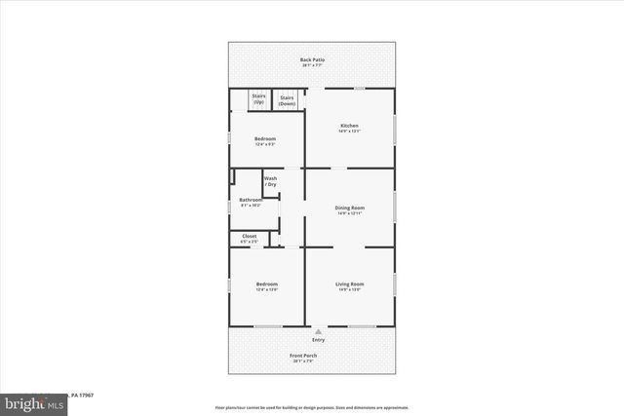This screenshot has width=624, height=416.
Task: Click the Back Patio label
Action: point(312,59)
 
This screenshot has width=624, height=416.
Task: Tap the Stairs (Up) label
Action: point(259,97)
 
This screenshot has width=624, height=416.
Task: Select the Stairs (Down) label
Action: point(288,99)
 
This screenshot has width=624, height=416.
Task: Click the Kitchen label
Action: point(349,126)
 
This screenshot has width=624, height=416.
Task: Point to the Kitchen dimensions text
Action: point(349,132)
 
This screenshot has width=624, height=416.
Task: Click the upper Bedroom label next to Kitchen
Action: point(265,138)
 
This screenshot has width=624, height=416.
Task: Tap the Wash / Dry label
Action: point(270,181)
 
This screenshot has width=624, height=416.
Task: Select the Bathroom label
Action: point(251,200)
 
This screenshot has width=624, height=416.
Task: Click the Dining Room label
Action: point(350,208)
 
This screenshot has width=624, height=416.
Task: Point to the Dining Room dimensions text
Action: point(350,213)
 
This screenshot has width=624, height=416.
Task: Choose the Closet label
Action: point(250,236)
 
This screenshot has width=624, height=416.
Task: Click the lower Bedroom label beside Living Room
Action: point(266,284)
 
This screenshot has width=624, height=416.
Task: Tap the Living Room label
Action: point(350,284)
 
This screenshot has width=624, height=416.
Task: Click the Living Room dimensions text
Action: point(350,289)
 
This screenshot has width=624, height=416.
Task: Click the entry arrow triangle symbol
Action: point(318,331)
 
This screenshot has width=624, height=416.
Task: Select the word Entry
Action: point(318,340)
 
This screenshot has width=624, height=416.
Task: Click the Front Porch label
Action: point(302,355)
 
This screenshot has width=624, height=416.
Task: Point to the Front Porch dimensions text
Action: point(302,360)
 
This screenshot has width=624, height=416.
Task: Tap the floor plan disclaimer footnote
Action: point(312,407)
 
